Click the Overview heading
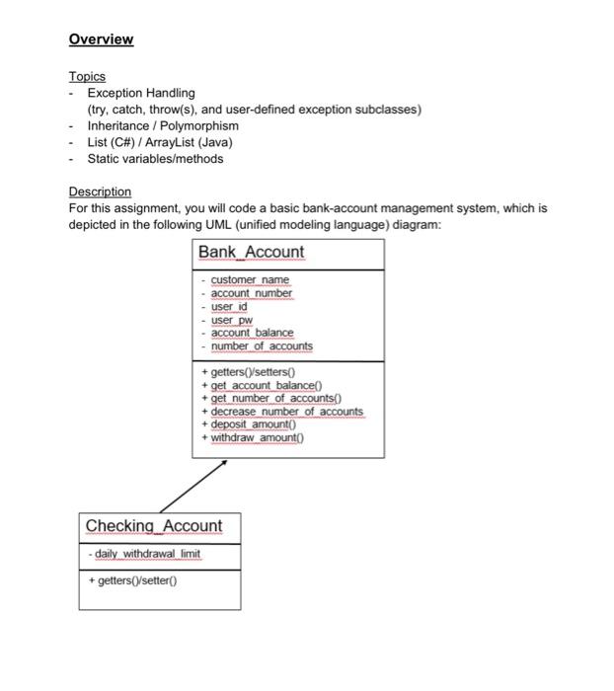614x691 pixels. pyautogui.click(x=101, y=39)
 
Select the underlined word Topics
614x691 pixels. pyautogui.click(x=87, y=76)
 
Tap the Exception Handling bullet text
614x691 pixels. pyautogui.click(x=141, y=93)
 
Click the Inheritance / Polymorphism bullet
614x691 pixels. pyautogui.click(x=162, y=126)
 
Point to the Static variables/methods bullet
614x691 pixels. pyautogui.click(x=155, y=159)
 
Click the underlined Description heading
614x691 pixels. pyautogui.click(x=100, y=192)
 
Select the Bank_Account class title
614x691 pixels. pyautogui.click(x=251, y=252)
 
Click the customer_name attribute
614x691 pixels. pyautogui.click(x=250, y=279)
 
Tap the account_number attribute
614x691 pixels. pyautogui.click(x=252, y=293)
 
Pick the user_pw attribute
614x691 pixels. pyautogui.click(x=232, y=320)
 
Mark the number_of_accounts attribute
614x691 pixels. pyautogui.click(x=262, y=346)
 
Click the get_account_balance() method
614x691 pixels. pyautogui.click(x=260, y=385)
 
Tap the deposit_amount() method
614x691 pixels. pyautogui.click(x=253, y=424)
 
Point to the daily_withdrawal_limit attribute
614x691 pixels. pyautogui.click(x=147, y=554)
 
